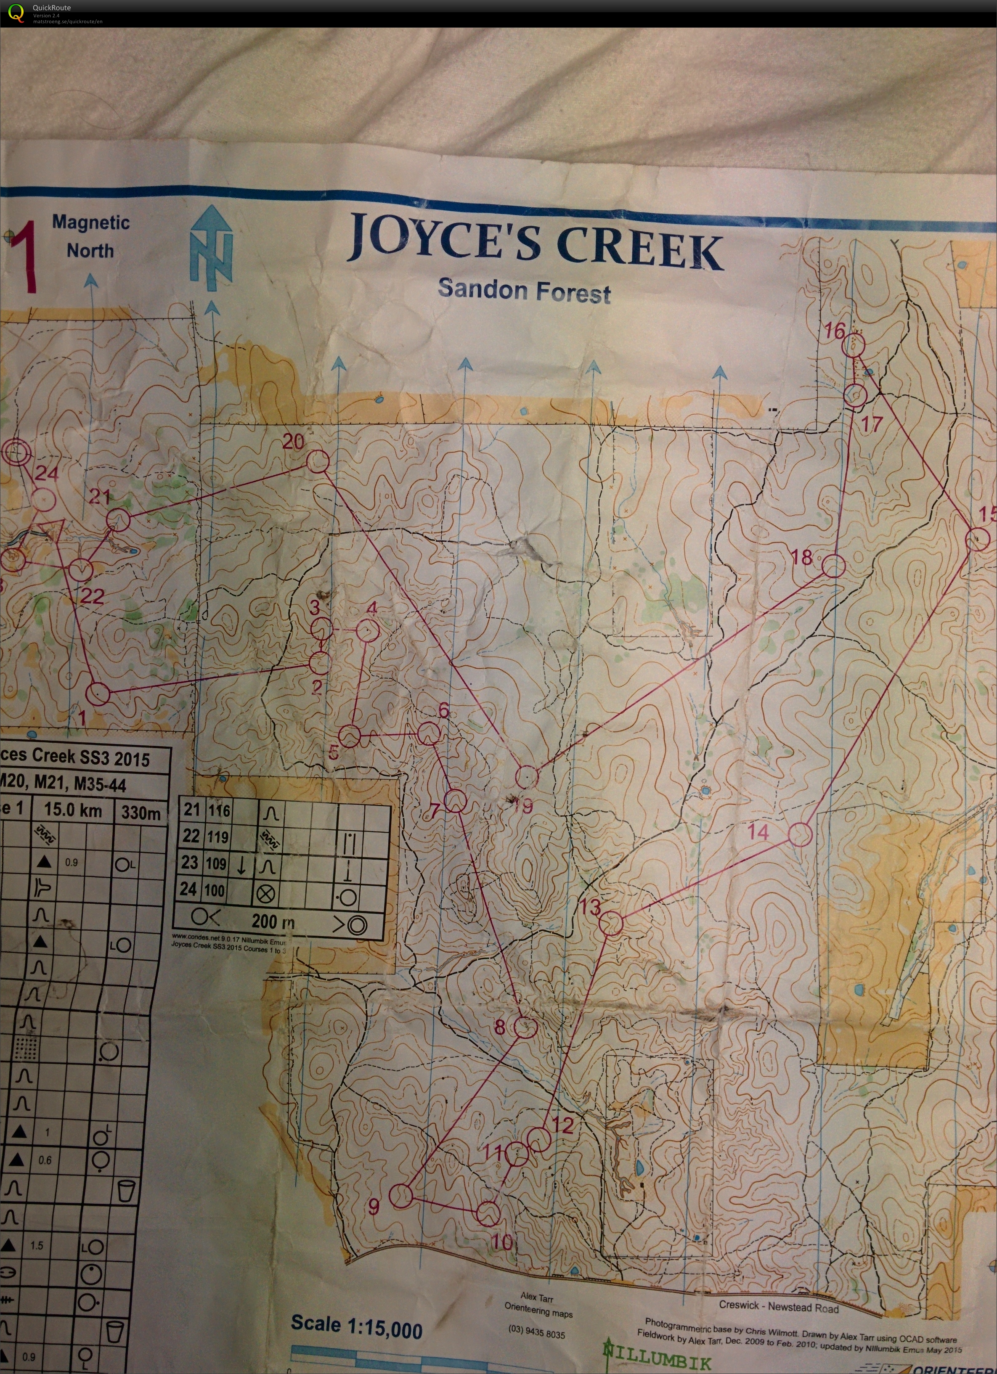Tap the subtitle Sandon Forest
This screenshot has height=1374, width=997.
pos(524,290)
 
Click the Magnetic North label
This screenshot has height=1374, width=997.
pos(91,236)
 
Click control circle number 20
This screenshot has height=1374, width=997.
pos(318,462)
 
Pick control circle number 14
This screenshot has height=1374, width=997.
pos(800,834)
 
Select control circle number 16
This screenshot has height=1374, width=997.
pos(854,344)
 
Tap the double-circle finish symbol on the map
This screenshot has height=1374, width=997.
pos(16,451)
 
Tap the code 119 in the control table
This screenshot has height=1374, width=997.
pos(217,837)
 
